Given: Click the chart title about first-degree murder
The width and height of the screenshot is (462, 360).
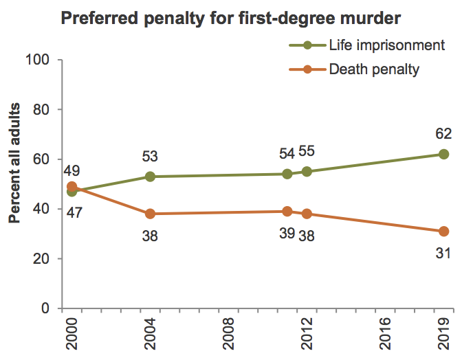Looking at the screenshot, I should [232, 17].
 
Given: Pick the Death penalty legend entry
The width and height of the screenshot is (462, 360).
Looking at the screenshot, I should [374, 69].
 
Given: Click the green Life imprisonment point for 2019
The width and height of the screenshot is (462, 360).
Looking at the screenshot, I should [443, 154].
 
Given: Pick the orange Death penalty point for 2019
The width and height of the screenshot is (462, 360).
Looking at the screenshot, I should [443, 232].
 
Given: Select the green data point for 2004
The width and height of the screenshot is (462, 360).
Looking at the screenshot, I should [151, 177].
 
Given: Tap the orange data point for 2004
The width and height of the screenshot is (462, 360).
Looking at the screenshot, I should [151, 214].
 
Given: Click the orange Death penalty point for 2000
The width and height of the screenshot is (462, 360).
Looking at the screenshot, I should [72, 186].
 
